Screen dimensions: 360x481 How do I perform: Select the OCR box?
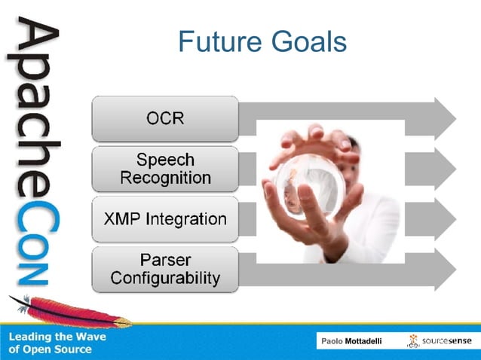(x=165, y=118)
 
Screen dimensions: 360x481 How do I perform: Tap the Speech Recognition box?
(x=165, y=169)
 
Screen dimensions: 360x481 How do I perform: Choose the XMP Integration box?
(x=165, y=219)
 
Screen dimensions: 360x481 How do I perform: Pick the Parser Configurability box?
(x=165, y=269)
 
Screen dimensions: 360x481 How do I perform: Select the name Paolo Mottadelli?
(x=351, y=342)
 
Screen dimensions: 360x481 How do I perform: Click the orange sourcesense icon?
(x=413, y=341)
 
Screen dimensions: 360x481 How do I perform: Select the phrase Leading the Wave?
(x=57, y=337)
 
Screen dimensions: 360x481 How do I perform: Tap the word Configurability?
(x=165, y=278)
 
